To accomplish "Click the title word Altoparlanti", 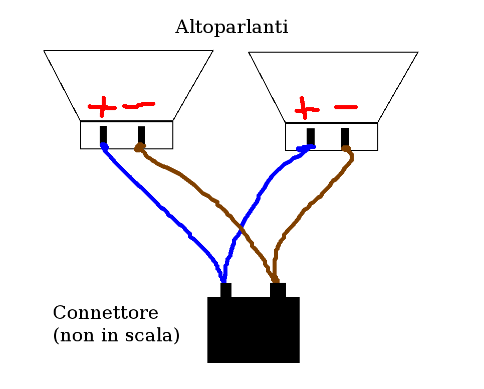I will pos(231,28).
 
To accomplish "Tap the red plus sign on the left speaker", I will pos(102,106).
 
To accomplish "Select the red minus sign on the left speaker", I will pos(139,105).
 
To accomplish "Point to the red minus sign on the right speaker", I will pos(346,107).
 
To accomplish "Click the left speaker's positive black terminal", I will pos(103,134).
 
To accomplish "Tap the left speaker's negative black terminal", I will pos(141,134).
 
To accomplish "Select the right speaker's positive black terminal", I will pos(311,136).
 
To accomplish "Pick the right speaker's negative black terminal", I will pos(345,136).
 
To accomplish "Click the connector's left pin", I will pos(226,290).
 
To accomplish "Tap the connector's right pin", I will pos(278,290).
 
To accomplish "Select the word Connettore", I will pos(106,313).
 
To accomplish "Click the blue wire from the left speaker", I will pos(150,198).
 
